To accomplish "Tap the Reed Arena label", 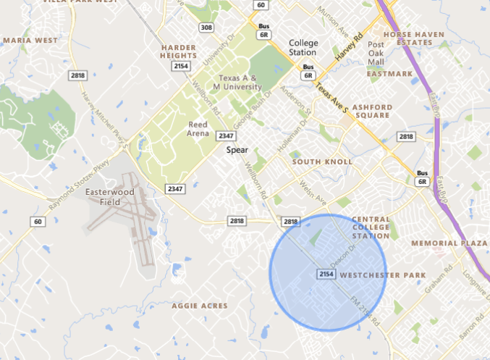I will (198, 130).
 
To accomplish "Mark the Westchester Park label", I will (382, 275).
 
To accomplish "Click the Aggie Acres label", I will (199, 306).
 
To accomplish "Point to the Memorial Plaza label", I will (449, 243).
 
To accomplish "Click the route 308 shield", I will (207, 28).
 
